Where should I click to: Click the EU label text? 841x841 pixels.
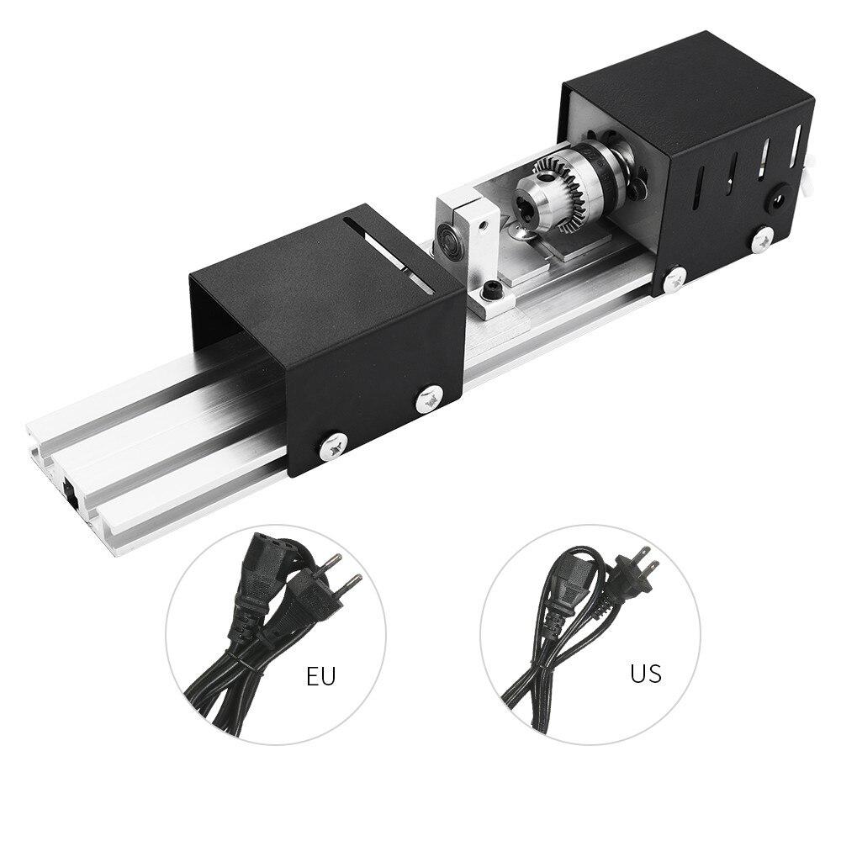point(320,676)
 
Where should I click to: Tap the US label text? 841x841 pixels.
point(645,673)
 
